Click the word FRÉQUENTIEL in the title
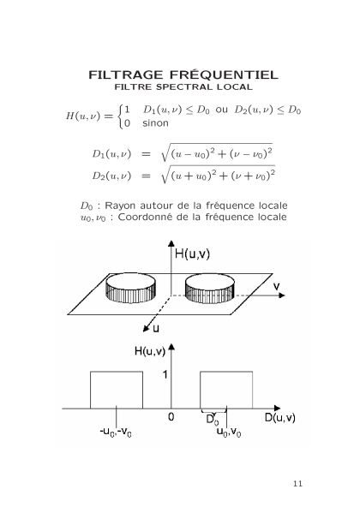tap(224, 74)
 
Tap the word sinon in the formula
tap(155, 123)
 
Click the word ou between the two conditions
tap(221, 110)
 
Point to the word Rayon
tap(120, 206)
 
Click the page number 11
tap(297, 484)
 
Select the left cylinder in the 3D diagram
tap(130, 288)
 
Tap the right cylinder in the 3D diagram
tap(210, 289)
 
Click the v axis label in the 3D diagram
tap(276, 287)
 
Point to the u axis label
tap(156, 329)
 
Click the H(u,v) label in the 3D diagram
tap(192, 254)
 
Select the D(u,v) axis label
tap(280, 418)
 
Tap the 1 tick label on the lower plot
tap(165, 374)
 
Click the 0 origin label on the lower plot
tap(171, 417)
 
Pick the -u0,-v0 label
tap(116, 432)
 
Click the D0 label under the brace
tap(213, 420)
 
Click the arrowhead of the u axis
tap(146, 329)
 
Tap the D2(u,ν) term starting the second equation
tap(111, 176)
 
